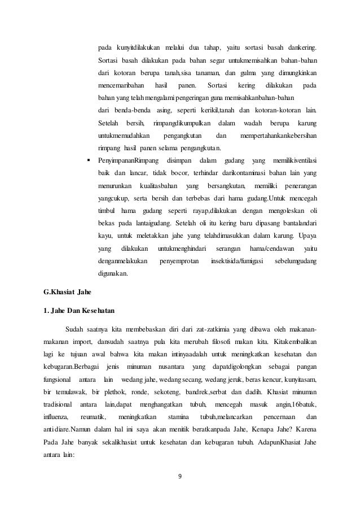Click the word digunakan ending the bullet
[x=113, y=274]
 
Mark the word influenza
[x=58, y=417]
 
